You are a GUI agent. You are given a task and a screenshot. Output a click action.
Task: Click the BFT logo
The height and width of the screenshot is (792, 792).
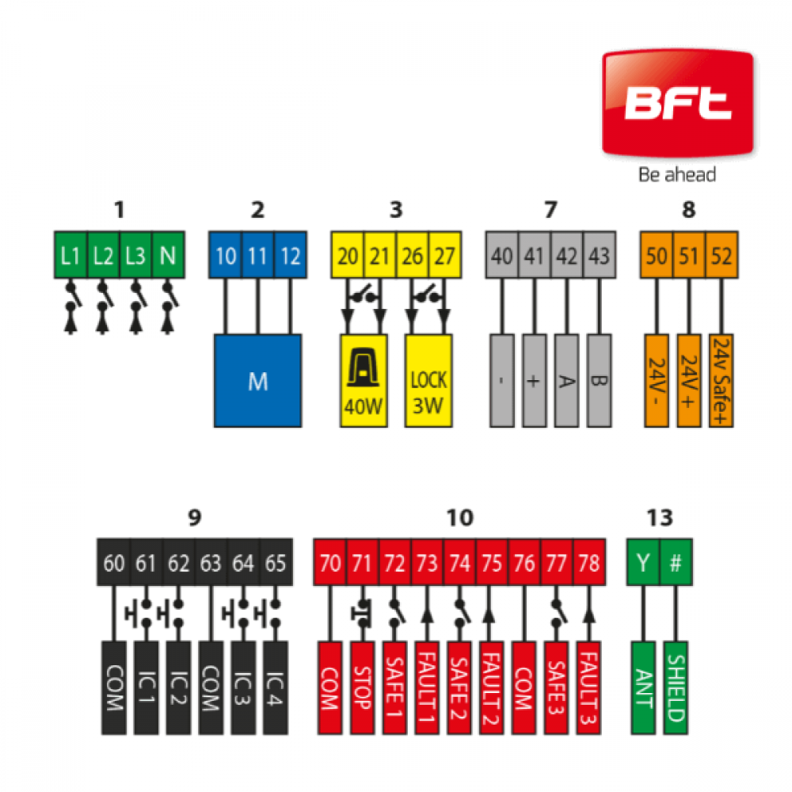pyautogui.click(x=677, y=103)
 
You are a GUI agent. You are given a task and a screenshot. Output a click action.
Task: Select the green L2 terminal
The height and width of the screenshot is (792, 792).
pyautogui.click(x=103, y=255)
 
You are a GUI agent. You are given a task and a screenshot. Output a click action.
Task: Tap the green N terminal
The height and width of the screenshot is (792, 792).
pyautogui.click(x=168, y=255)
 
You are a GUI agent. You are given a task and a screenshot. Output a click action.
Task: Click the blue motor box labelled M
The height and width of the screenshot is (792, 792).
pyautogui.click(x=257, y=381)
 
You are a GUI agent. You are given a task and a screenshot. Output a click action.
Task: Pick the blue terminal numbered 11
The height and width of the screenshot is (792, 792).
pyautogui.click(x=257, y=255)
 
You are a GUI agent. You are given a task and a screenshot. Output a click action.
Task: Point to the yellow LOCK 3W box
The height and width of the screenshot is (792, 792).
pyautogui.click(x=428, y=381)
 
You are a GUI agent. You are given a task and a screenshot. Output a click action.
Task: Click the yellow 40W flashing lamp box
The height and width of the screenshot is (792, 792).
pyautogui.click(x=364, y=381)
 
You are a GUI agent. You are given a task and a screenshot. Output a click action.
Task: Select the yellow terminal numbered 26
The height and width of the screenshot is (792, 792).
pyautogui.click(x=412, y=255)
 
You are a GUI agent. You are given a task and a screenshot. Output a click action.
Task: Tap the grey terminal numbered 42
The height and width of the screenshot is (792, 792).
pyautogui.click(x=567, y=255)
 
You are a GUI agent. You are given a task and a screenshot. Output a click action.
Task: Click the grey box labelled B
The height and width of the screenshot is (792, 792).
pyautogui.click(x=599, y=381)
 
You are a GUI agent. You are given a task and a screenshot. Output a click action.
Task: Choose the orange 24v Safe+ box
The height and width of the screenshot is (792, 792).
pyautogui.click(x=722, y=381)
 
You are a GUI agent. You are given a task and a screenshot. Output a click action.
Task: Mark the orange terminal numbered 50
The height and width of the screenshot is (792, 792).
pyautogui.click(x=657, y=255)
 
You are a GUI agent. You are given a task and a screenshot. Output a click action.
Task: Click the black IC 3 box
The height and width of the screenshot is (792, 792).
pyautogui.click(x=243, y=688)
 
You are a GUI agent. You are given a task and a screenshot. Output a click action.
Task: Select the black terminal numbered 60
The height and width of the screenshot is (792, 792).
pyautogui.click(x=113, y=562)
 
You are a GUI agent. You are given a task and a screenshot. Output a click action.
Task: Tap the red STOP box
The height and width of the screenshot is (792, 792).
pyautogui.click(x=362, y=688)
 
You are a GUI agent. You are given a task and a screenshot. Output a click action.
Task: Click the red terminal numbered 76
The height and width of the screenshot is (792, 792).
pyautogui.click(x=524, y=562)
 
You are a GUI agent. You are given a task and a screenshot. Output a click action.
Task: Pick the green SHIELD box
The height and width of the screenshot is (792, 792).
pyautogui.click(x=676, y=688)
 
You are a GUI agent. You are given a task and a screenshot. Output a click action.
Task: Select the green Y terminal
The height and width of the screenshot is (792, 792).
pyautogui.click(x=643, y=562)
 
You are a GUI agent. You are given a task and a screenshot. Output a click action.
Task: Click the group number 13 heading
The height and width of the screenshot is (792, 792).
pyautogui.click(x=660, y=518)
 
